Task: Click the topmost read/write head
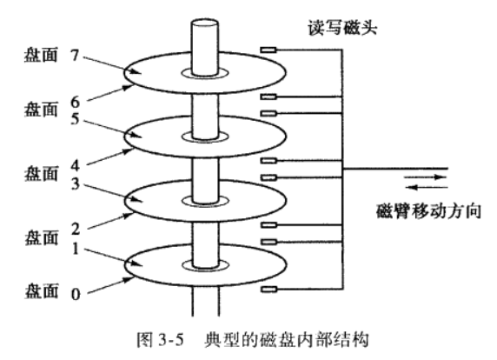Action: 268,50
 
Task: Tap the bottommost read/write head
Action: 268,288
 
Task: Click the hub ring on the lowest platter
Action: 206,265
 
